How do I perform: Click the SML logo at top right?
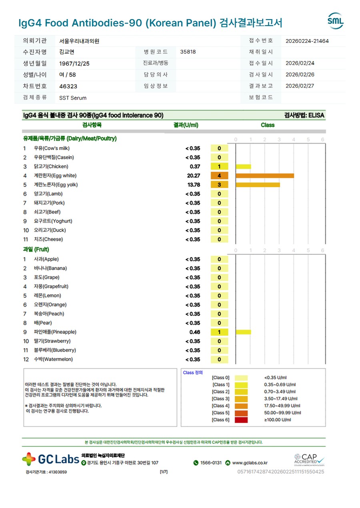coord(335,21)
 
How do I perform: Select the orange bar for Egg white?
coord(265,176)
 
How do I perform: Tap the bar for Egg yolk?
coord(258,185)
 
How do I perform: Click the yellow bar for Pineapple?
coord(243,332)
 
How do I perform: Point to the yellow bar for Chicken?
coord(243,167)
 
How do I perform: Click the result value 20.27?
coord(194,176)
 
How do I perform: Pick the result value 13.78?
coord(194,185)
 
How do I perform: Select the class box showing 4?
coord(219,176)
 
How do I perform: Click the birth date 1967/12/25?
coord(74,64)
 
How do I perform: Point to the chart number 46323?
coord(68,86)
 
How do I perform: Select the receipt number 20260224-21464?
coord(307,41)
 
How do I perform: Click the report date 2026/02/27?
coord(300,86)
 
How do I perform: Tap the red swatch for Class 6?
coord(241,420)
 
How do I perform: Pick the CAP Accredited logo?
coord(309,460)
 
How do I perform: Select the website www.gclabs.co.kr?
coord(250,463)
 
